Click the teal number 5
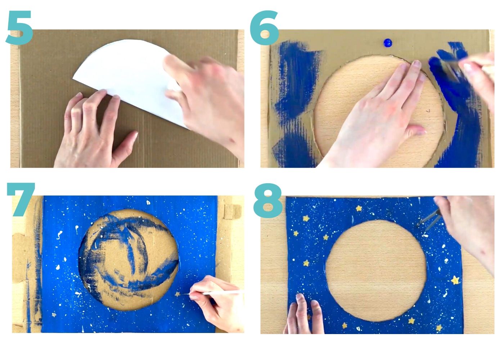point(19,28)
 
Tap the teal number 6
point(265,28)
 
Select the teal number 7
point(21,199)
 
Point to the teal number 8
point(268,200)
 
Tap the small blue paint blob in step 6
point(387,43)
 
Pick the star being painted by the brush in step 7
point(177,294)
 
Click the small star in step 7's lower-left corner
point(54,315)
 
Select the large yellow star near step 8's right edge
point(455,280)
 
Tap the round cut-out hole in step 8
point(376,270)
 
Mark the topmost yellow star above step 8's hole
point(359,208)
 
